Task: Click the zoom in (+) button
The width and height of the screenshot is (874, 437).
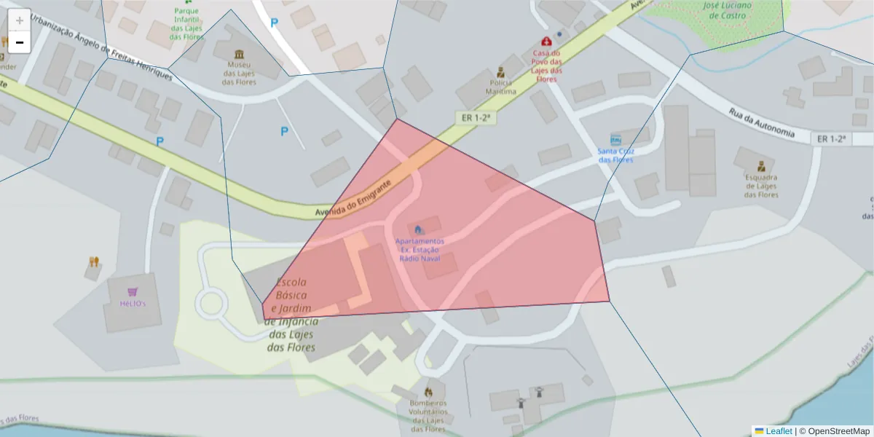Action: pyautogui.click(x=20, y=20)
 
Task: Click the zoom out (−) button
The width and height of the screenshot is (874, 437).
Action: pyautogui.click(x=20, y=42)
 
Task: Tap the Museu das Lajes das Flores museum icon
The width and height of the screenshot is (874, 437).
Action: pyautogui.click(x=239, y=54)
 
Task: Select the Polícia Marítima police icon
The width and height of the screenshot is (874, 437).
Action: pyautogui.click(x=501, y=72)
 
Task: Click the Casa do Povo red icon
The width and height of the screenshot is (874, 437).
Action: pyautogui.click(x=546, y=42)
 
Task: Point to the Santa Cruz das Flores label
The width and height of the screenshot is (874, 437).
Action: pyautogui.click(x=615, y=155)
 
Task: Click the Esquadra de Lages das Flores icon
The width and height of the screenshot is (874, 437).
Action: pyautogui.click(x=761, y=166)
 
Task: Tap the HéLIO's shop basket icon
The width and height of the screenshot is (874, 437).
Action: pyautogui.click(x=133, y=291)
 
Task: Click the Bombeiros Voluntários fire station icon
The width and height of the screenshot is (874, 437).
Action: pyautogui.click(x=428, y=392)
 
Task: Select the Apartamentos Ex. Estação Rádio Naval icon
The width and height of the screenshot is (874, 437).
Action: pyautogui.click(x=418, y=230)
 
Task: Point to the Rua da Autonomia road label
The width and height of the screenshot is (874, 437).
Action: pyautogui.click(x=761, y=122)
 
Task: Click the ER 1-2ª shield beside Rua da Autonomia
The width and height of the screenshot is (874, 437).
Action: pyautogui.click(x=831, y=138)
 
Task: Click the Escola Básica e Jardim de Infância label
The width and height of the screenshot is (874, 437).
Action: pyautogui.click(x=291, y=315)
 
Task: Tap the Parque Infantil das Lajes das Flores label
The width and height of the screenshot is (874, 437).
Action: pyautogui.click(x=186, y=24)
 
